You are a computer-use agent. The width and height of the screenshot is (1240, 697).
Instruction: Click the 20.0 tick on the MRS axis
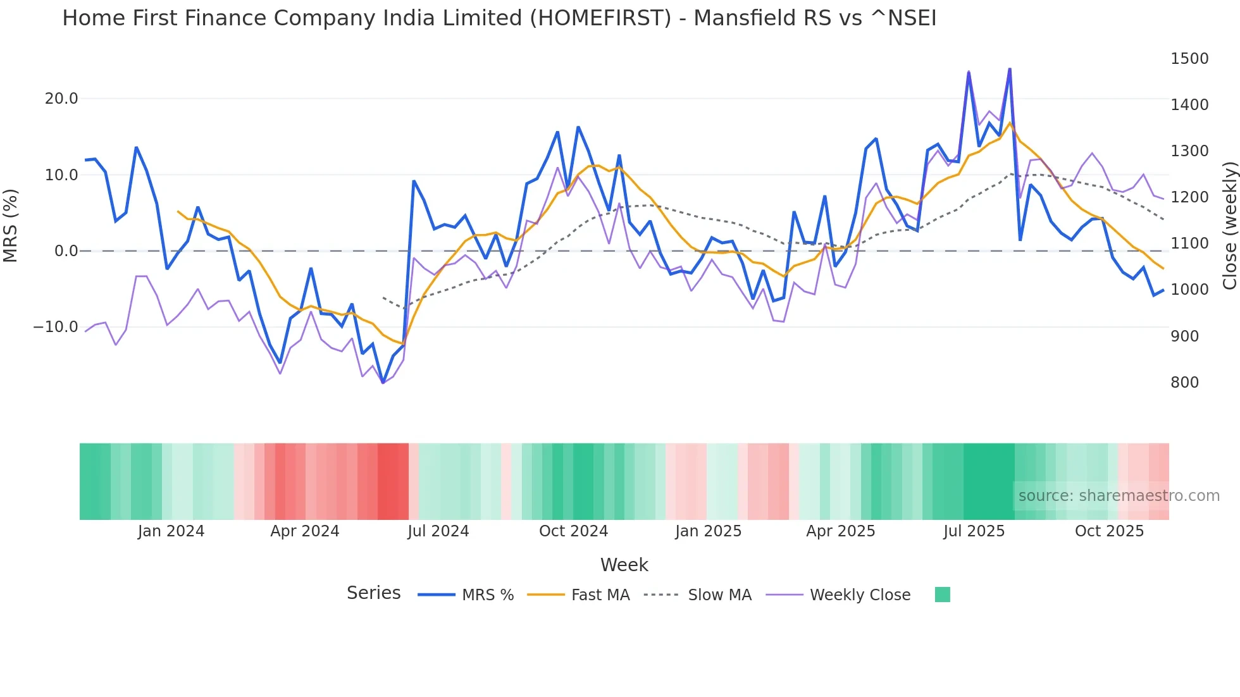click(x=61, y=99)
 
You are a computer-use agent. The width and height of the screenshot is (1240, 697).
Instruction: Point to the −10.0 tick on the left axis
click(x=56, y=327)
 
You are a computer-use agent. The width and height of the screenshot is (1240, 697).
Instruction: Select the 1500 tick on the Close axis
click(x=1189, y=59)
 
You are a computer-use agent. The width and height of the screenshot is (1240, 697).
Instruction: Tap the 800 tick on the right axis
click(x=1184, y=383)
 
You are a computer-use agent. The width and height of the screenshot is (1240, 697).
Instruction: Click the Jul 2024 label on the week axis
click(x=438, y=531)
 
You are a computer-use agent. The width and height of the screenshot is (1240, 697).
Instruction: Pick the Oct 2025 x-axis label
click(x=1109, y=531)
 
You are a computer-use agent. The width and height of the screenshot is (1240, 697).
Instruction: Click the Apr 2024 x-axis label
click(x=304, y=531)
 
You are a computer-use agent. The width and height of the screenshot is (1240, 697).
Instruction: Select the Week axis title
click(x=624, y=565)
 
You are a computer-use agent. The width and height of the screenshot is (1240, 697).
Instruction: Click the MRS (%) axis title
click(x=11, y=226)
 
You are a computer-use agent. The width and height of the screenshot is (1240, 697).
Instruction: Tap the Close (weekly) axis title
click(x=1229, y=226)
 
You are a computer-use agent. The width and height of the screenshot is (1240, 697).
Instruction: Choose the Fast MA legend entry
click(x=600, y=595)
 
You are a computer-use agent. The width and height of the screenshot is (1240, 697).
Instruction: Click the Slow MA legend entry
click(x=719, y=595)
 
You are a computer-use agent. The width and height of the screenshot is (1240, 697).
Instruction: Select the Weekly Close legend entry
click(x=860, y=595)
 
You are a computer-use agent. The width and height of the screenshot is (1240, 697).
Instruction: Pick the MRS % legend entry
click(x=487, y=595)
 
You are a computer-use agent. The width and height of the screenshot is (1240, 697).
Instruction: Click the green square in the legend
click(x=942, y=595)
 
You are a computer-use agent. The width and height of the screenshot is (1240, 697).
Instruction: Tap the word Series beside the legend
click(x=373, y=593)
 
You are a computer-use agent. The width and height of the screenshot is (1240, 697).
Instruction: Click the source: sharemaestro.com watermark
click(x=1119, y=496)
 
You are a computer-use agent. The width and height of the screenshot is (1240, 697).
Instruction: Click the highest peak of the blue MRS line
click(x=1010, y=69)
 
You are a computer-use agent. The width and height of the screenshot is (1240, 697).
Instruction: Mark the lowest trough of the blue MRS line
click(x=383, y=383)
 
